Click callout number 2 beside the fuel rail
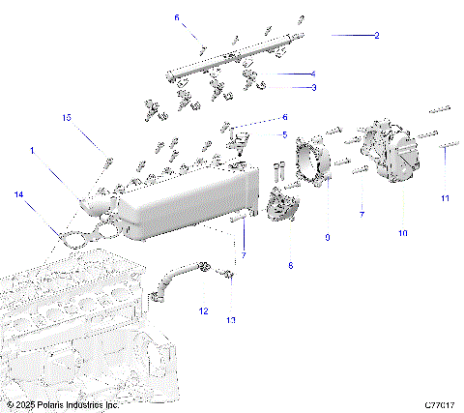[x=376, y=35]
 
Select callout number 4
[x=312, y=74]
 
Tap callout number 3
[x=312, y=88]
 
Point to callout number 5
[x=284, y=133]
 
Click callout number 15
[x=67, y=117]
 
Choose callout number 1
[x=32, y=151]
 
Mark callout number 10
[x=402, y=233]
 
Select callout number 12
[x=203, y=310]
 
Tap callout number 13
[x=230, y=318]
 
